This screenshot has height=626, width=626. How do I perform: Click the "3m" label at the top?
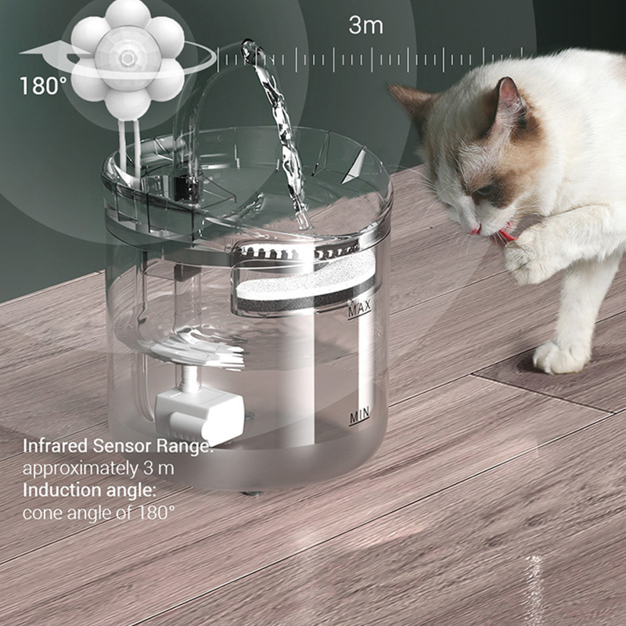(365, 25)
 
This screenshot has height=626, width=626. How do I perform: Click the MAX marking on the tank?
(359, 308)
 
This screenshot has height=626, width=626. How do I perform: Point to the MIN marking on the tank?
(359, 416)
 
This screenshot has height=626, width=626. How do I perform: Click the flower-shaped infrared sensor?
(128, 59)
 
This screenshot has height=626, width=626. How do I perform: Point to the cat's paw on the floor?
(562, 356)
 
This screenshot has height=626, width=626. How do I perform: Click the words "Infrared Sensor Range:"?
(117, 447)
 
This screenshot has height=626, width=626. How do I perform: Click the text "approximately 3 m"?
(98, 469)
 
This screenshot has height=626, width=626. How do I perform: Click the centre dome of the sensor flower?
(128, 56)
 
